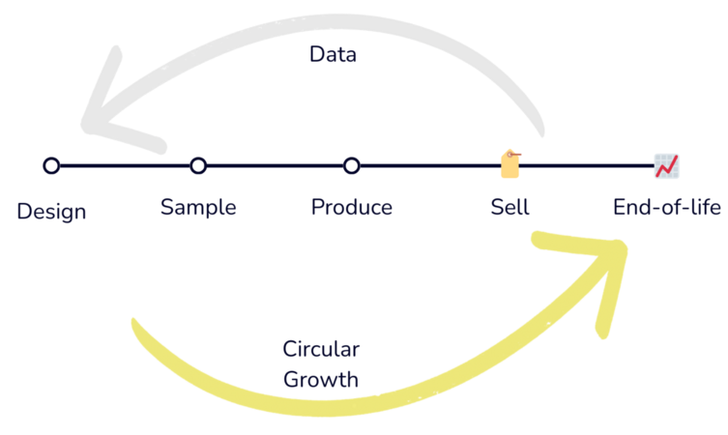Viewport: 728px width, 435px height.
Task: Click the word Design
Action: tap(52, 210)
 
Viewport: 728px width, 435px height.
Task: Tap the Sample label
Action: tap(198, 207)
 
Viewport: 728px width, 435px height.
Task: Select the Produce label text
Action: tap(352, 207)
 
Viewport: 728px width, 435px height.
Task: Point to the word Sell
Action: tap(510, 207)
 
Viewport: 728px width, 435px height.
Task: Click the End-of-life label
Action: tap(667, 207)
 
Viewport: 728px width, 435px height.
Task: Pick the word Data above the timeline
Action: tap(334, 55)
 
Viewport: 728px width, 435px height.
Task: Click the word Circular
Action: tap(321, 350)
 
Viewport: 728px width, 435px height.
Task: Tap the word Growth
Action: tap(321, 379)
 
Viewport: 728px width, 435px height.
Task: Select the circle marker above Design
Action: tap(52, 166)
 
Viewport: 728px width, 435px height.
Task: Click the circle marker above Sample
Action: tap(198, 166)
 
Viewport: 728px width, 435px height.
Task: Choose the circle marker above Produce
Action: tap(352, 166)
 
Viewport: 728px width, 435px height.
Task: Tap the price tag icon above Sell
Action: tap(510, 164)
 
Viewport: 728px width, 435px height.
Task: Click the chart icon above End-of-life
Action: tap(666, 166)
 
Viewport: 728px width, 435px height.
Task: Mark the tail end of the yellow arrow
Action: tap(135, 324)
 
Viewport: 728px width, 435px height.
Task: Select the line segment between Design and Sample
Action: tap(126, 166)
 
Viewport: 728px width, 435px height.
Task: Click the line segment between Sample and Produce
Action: tap(276, 166)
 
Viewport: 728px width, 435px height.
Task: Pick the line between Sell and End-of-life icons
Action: tap(588, 166)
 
